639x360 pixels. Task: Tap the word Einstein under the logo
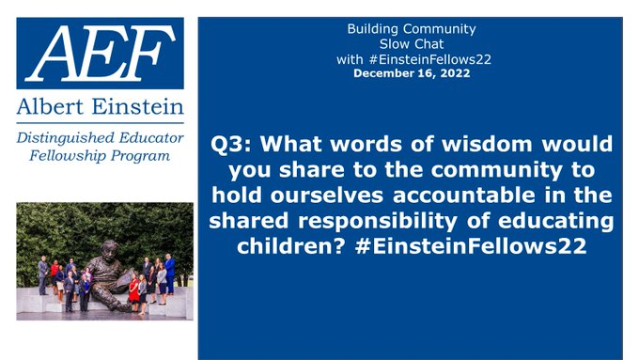pos(138,104)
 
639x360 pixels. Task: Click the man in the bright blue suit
pos(169,273)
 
